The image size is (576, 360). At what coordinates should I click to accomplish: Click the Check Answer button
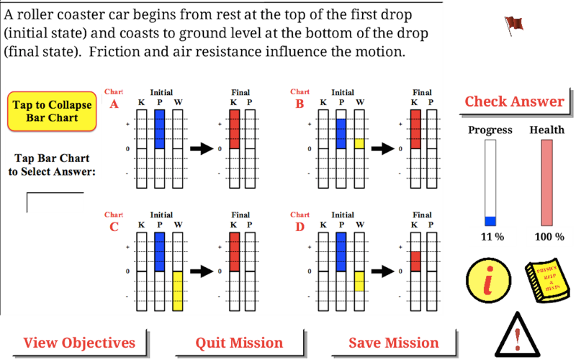click(513, 102)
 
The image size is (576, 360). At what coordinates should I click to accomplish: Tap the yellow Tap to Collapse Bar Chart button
click(52, 111)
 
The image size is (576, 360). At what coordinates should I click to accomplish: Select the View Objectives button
click(79, 343)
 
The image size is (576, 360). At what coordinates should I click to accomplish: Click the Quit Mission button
click(239, 343)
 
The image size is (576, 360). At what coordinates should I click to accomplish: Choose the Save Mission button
click(393, 343)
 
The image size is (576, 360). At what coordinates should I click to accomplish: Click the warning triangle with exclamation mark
click(517, 333)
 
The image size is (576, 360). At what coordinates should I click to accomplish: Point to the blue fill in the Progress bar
click(490, 221)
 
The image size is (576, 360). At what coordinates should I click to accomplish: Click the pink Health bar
click(546, 183)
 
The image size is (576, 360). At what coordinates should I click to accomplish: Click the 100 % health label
click(549, 237)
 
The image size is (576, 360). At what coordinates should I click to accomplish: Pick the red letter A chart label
click(114, 104)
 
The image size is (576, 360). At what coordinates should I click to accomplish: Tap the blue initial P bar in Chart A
click(160, 130)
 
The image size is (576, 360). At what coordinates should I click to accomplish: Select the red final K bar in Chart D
click(416, 261)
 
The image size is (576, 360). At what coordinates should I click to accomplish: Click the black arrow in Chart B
click(382, 149)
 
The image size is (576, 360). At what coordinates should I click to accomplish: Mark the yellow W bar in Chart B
click(359, 143)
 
